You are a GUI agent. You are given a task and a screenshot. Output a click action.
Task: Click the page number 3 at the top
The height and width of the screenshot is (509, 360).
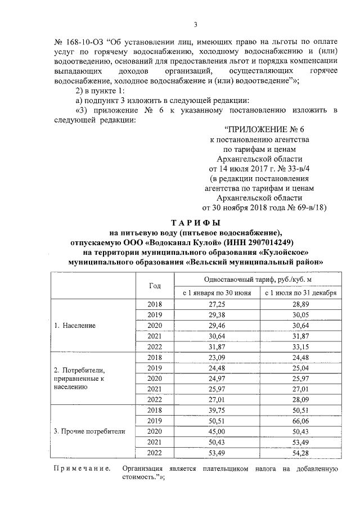(195, 24)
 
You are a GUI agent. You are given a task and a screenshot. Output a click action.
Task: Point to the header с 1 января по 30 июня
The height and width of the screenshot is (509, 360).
(217, 293)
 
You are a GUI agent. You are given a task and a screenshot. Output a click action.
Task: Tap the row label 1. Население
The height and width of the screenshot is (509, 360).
(75, 326)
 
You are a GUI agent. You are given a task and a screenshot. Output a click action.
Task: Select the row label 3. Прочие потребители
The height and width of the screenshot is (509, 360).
(89, 431)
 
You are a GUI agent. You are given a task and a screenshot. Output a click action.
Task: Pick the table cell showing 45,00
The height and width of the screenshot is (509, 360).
(217, 431)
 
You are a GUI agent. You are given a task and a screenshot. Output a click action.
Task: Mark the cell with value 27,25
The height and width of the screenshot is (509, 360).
(217, 304)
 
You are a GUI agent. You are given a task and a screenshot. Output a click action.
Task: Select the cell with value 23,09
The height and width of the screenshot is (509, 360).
(217, 357)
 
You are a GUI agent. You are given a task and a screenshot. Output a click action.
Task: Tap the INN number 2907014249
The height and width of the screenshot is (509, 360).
(272, 242)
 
